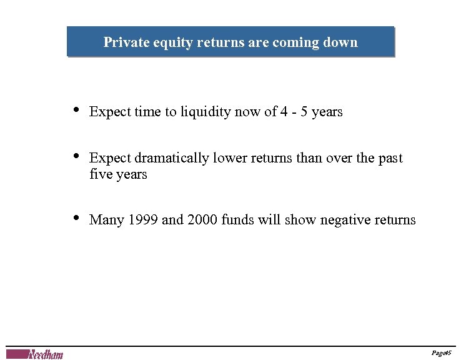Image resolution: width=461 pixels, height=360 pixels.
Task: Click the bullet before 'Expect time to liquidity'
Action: [x=76, y=111]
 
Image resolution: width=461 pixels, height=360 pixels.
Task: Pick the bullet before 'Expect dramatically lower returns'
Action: [x=76, y=157]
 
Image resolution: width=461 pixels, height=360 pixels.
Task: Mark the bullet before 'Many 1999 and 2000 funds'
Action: [x=76, y=218]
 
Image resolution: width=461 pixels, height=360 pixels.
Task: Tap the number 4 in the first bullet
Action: [x=285, y=112]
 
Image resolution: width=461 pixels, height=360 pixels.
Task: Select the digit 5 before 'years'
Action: [x=305, y=112]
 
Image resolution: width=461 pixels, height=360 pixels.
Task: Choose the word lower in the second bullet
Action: [x=230, y=158]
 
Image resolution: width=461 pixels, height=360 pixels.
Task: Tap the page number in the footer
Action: [x=441, y=353]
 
